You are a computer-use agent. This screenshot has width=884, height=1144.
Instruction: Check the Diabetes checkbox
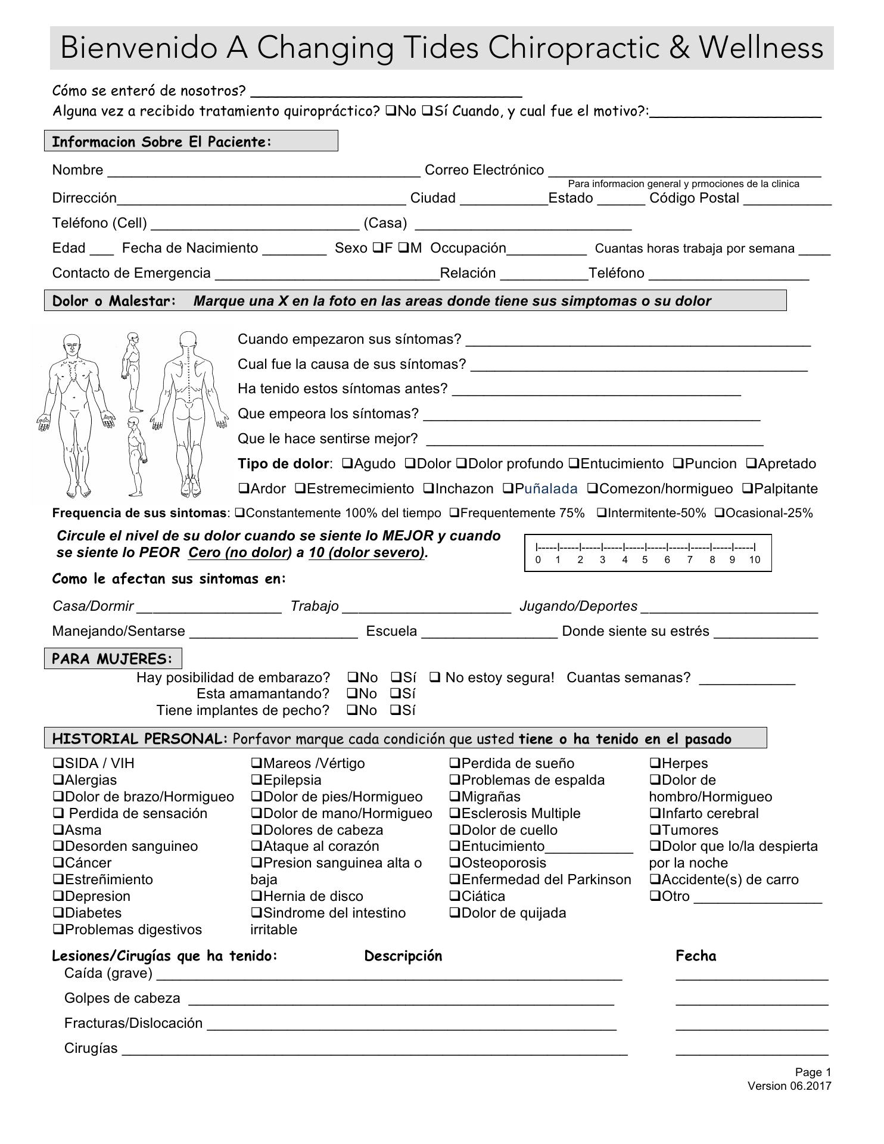click(58, 913)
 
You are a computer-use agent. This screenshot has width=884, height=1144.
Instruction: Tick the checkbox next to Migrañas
click(455, 797)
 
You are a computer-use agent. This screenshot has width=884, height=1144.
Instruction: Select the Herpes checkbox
click(655, 763)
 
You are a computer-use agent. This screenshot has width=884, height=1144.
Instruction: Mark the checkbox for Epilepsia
click(256, 780)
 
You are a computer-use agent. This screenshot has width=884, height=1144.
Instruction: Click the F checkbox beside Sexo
click(378, 248)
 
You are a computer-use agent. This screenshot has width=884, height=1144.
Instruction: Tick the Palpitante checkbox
click(748, 489)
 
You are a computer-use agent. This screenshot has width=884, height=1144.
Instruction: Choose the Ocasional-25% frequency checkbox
click(719, 513)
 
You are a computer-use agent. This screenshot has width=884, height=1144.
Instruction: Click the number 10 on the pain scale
click(754, 559)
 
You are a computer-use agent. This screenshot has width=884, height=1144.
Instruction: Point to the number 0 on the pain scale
click(538, 559)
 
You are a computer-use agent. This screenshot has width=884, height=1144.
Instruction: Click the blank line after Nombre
click(263, 172)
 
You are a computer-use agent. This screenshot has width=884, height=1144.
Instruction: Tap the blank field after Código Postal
click(787, 200)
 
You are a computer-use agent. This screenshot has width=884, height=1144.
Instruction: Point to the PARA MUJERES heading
click(113, 659)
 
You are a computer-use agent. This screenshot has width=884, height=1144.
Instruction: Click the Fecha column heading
click(696, 956)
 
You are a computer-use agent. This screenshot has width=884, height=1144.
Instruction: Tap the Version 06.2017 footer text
click(789, 1086)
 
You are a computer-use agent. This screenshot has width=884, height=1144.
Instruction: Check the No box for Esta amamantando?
click(352, 694)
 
